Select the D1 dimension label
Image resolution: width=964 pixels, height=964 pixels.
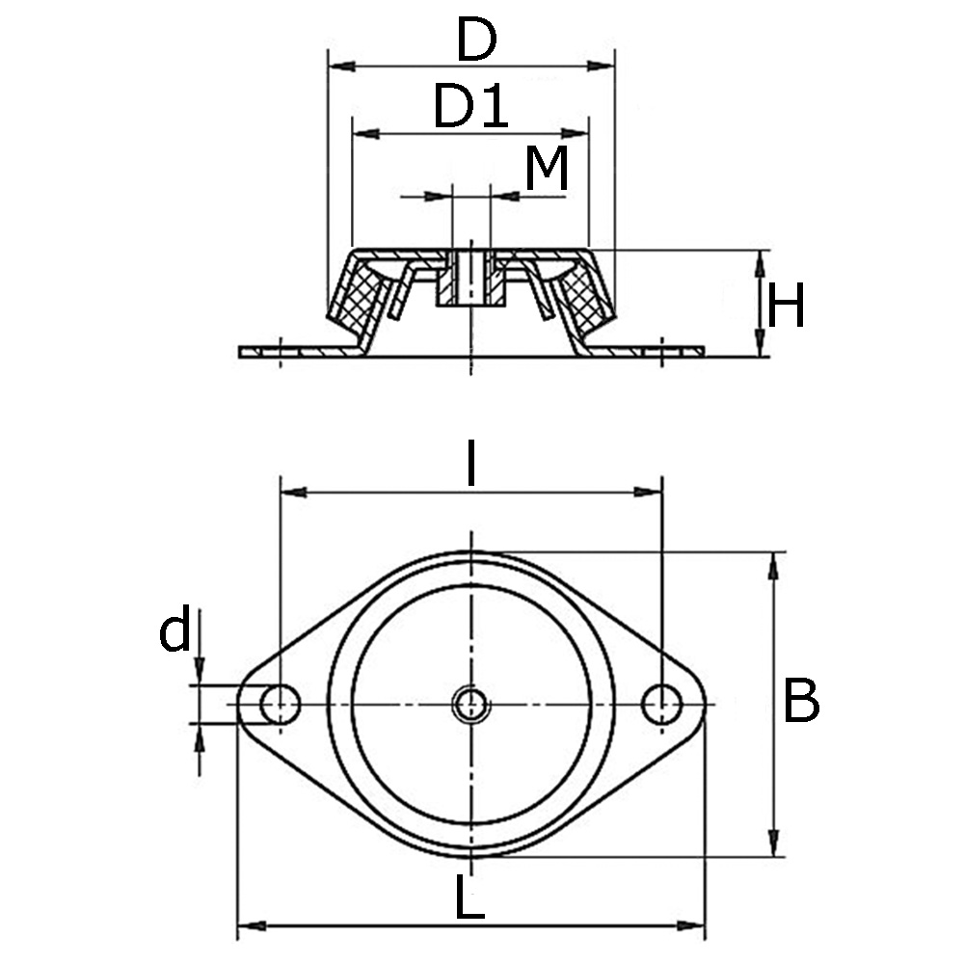469,106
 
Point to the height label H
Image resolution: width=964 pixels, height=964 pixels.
786,308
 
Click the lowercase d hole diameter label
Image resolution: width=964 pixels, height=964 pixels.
175,633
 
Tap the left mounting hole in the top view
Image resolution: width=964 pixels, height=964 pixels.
280,705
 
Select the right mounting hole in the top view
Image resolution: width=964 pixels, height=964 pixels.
661,705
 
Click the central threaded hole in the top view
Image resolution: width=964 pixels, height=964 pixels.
471,705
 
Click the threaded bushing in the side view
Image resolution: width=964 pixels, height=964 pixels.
470,280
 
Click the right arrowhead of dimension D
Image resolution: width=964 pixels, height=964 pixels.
604,67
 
